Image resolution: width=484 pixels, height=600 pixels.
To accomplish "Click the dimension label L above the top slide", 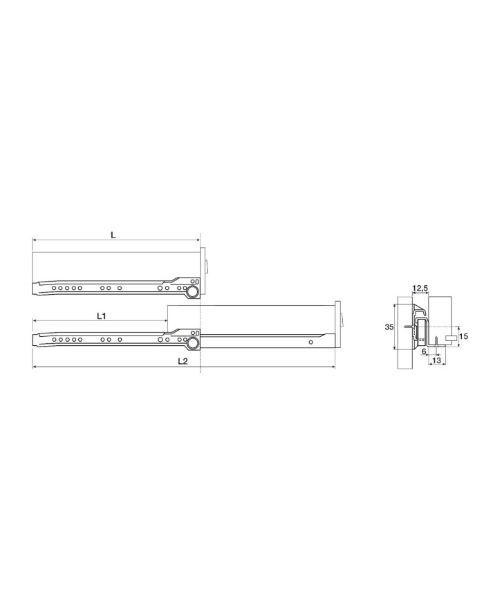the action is [113, 235].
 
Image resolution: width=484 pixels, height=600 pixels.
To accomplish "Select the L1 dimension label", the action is [101, 316].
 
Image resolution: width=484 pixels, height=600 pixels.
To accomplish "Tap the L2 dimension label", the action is [183, 361].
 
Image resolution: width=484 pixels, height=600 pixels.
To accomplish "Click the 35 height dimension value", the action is [389, 327].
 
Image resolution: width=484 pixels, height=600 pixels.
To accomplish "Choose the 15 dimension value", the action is [463, 337].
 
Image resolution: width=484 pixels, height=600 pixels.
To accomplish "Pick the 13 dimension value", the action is [436, 360].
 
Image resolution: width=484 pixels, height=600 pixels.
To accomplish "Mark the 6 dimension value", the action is [423, 351].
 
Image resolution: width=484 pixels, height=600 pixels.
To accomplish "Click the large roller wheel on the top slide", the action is [193, 293].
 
